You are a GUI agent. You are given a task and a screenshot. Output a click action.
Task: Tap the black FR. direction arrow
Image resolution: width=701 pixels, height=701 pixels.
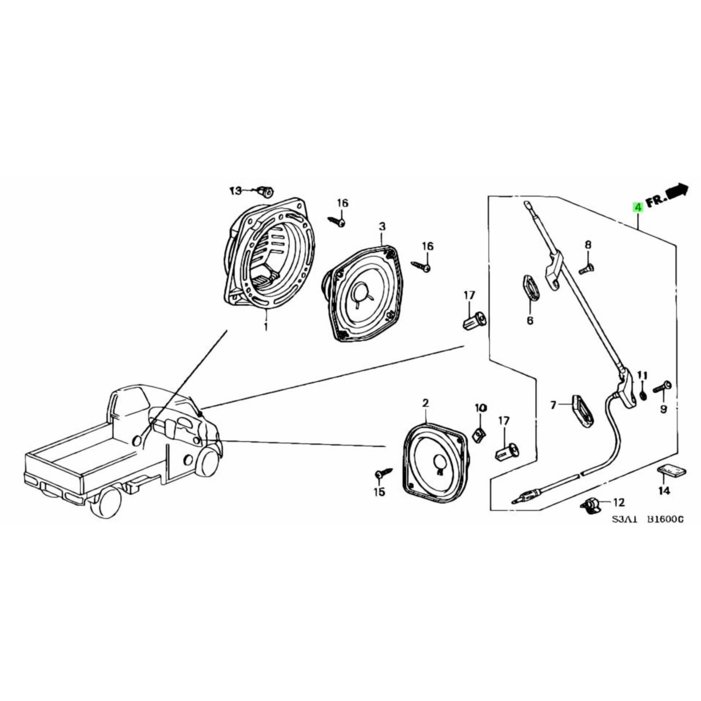click(x=676, y=191)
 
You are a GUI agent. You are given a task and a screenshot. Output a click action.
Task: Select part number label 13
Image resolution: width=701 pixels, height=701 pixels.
click(x=236, y=191)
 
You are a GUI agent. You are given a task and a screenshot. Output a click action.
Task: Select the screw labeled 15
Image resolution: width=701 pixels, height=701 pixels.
click(x=383, y=473)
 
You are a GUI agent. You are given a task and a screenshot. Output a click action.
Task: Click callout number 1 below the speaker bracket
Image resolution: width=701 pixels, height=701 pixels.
click(x=265, y=326)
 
